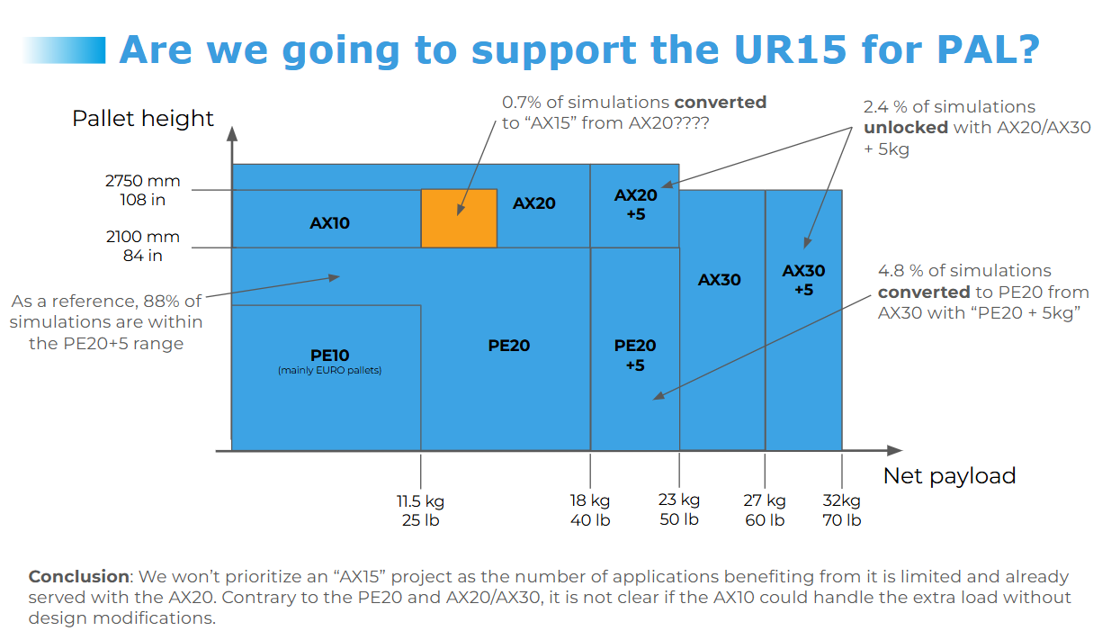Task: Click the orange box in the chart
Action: click(x=459, y=218)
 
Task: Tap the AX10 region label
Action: click(x=329, y=222)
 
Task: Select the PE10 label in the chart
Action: click(x=329, y=355)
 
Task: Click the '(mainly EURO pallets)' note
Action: click(x=329, y=370)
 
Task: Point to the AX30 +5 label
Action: click(x=803, y=280)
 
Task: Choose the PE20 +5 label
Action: click(x=635, y=355)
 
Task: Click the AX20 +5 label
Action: click(x=635, y=204)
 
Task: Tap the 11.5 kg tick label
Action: click(x=420, y=510)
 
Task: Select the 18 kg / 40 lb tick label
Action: click(x=590, y=509)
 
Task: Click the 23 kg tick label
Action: click(x=679, y=509)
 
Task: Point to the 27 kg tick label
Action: click(x=765, y=509)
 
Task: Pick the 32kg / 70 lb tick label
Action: click(x=841, y=509)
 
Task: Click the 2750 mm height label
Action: click(x=142, y=190)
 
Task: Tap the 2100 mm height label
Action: click(x=142, y=246)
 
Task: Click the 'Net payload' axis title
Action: click(x=949, y=476)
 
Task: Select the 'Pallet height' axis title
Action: click(x=143, y=119)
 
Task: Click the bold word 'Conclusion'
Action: click(x=79, y=576)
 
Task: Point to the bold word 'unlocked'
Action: click(x=906, y=127)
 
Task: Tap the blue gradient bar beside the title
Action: click(x=64, y=50)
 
